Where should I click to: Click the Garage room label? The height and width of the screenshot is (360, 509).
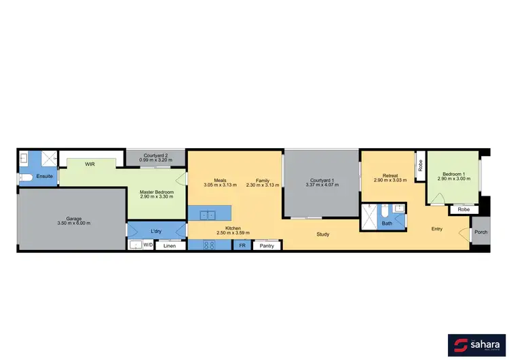(x=74, y=219)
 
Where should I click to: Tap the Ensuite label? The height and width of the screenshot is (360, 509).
(x=45, y=176)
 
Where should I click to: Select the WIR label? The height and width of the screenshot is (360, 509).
(x=90, y=164)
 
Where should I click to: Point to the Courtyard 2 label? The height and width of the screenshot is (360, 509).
(x=155, y=156)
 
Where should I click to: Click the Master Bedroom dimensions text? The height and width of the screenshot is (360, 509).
(x=157, y=196)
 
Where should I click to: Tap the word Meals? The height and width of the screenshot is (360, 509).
(x=210, y=181)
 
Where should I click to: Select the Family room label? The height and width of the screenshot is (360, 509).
(x=262, y=181)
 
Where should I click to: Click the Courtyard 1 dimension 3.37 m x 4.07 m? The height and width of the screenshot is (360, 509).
(x=320, y=185)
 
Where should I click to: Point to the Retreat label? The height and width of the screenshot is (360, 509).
(x=390, y=176)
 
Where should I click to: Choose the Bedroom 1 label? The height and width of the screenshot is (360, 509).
(x=453, y=174)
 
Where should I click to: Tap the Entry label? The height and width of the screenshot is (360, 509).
(x=437, y=229)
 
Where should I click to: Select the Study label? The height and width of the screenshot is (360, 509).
(x=322, y=234)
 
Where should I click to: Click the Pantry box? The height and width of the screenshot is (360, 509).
(x=267, y=245)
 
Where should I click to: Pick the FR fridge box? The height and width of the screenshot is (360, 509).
(x=242, y=245)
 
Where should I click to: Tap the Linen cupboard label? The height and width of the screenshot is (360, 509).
(x=170, y=245)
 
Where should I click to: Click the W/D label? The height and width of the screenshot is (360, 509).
(x=147, y=245)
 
